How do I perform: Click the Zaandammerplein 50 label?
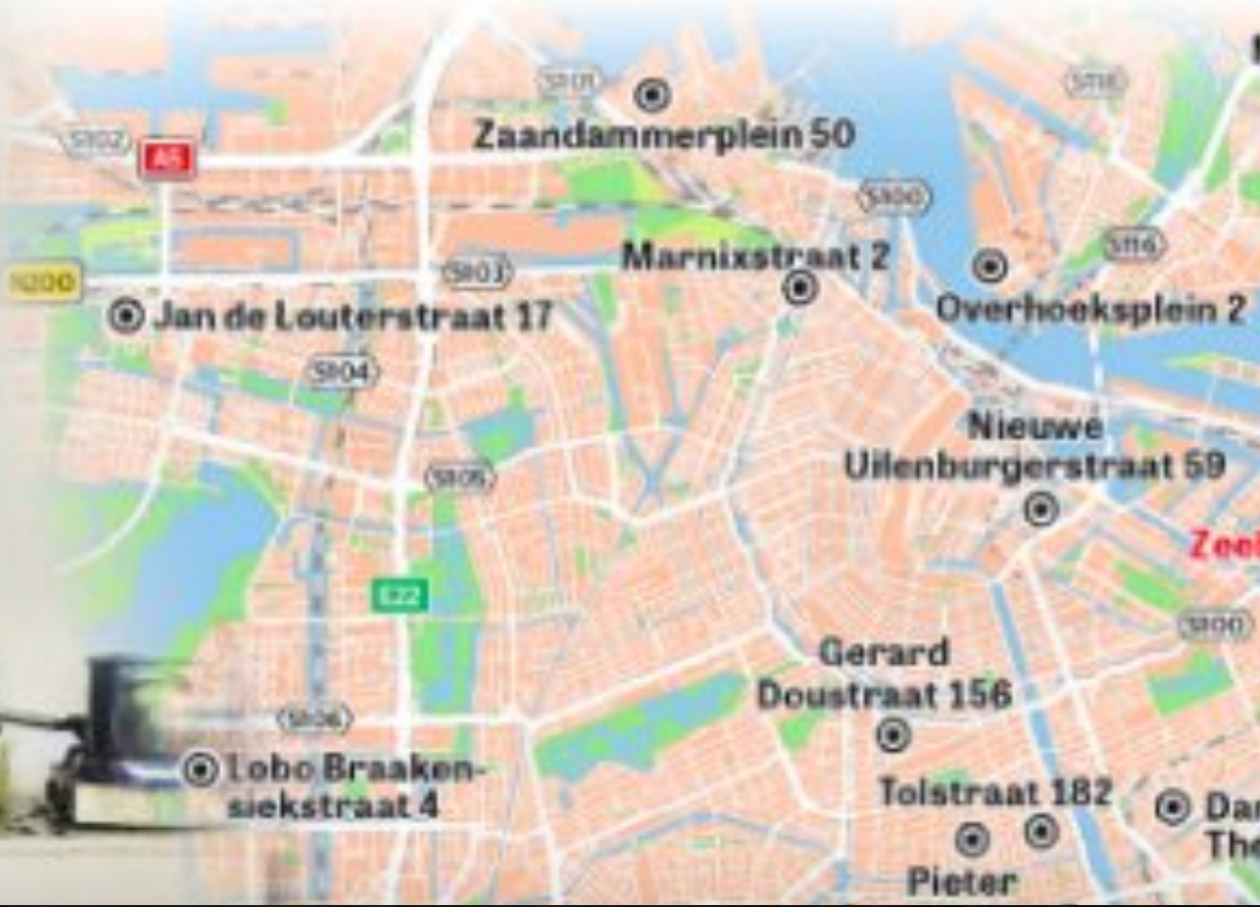663,135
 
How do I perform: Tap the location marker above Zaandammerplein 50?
652,94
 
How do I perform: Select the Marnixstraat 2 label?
755,255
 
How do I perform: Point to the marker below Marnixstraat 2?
800,287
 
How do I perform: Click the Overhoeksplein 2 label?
1091,309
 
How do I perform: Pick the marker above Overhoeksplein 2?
989,266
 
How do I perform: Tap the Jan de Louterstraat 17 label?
353,316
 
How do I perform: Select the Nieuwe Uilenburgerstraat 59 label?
1034,447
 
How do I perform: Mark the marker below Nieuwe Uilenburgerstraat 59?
1041,509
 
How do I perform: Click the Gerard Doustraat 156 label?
884,675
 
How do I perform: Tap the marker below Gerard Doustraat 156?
892,734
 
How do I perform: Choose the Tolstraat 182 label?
995,791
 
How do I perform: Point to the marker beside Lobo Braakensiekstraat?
200,770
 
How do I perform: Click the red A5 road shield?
167,159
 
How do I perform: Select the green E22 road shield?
400,595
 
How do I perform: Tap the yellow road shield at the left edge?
43,281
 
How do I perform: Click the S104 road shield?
341,373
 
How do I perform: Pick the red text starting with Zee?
1224,544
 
